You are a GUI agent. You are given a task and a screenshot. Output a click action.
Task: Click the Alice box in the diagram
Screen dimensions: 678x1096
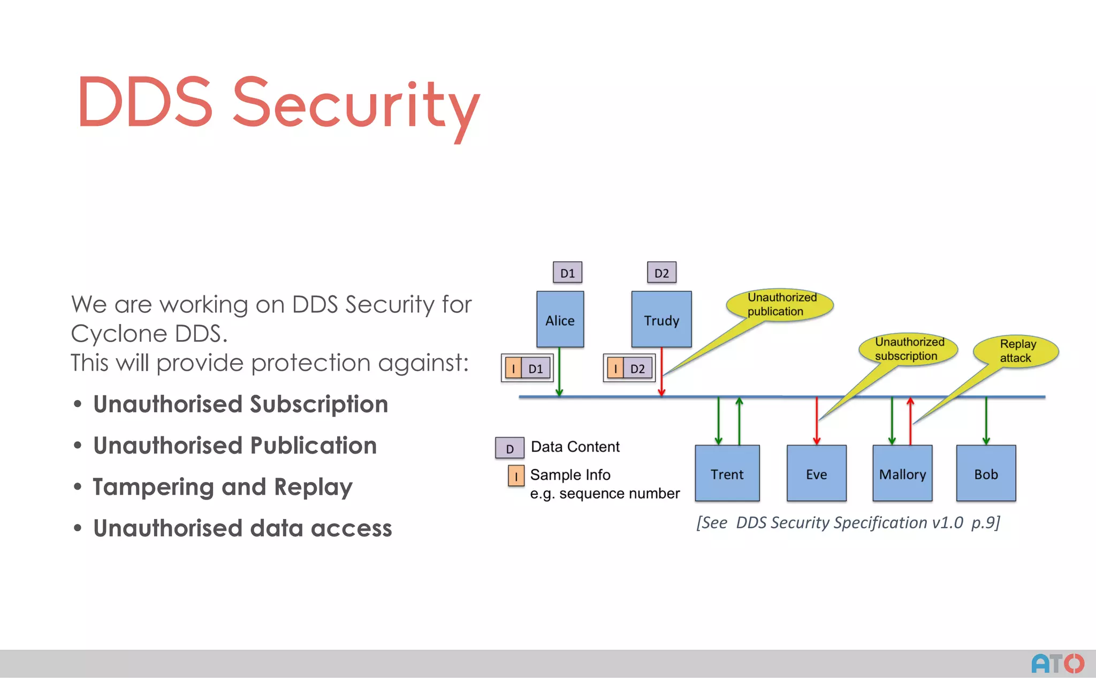[x=560, y=320]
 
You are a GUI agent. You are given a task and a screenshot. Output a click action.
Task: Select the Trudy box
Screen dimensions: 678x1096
[x=661, y=320]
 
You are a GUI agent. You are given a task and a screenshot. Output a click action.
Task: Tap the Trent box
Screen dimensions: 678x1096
[x=727, y=473]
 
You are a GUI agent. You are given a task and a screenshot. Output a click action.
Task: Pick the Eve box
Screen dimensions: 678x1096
[x=816, y=473]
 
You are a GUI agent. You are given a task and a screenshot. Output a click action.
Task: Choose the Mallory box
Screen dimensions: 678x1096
[x=902, y=473]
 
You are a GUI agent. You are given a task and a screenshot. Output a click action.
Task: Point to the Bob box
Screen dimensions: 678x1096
[x=986, y=473]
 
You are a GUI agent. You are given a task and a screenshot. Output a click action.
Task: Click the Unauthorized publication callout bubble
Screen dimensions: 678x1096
[x=780, y=304]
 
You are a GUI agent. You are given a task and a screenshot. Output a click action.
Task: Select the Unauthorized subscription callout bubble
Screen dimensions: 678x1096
[x=908, y=349]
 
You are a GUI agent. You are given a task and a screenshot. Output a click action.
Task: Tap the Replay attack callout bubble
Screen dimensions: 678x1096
[x=1016, y=351]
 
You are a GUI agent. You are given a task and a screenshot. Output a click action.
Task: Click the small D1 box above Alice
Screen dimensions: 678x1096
[x=567, y=273]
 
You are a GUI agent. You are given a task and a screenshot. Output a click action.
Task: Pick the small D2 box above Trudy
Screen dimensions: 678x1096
[x=661, y=273]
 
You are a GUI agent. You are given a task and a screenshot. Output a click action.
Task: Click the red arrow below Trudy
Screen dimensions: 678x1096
[x=661, y=372]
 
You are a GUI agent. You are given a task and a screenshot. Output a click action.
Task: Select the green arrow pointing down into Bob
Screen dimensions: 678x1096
[x=986, y=421]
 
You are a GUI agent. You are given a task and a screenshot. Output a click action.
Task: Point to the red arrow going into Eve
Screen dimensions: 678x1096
[x=817, y=421]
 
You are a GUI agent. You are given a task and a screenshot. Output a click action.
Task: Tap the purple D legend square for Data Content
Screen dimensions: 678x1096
[x=509, y=448]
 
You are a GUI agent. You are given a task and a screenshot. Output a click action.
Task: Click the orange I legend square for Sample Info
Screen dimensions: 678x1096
[x=516, y=476]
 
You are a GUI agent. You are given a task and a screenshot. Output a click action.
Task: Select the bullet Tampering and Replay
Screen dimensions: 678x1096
[x=223, y=487]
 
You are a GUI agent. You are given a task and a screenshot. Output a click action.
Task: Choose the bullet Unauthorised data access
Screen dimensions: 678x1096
[x=242, y=528]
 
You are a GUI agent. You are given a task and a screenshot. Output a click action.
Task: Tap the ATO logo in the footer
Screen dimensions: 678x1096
[x=1057, y=664]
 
